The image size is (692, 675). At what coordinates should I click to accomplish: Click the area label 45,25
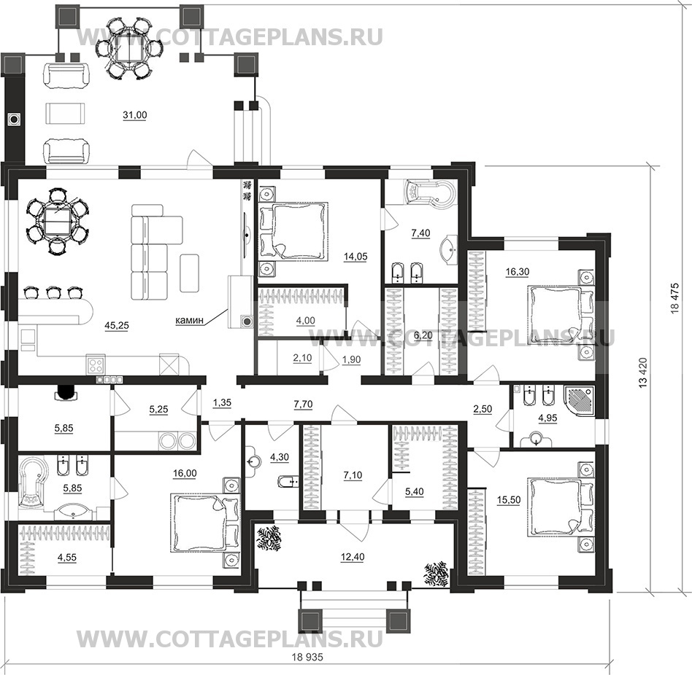[x=117, y=326]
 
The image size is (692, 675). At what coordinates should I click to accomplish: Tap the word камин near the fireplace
[x=189, y=320]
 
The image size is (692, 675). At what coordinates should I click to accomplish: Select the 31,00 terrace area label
[x=134, y=115]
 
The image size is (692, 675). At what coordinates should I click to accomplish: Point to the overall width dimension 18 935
[x=307, y=657]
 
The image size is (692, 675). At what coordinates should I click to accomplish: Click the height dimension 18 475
[x=674, y=298]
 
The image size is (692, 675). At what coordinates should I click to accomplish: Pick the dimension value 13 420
[x=642, y=372]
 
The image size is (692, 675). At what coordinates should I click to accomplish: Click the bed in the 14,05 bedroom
[x=293, y=230]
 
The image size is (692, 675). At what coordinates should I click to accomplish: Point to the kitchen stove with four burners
[x=96, y=364]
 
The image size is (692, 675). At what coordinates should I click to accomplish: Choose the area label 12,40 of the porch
[x=353, y=558]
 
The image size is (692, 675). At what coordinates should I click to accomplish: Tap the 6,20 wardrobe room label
[x=423, y=336]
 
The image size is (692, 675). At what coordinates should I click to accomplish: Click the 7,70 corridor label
[x=303, y=404]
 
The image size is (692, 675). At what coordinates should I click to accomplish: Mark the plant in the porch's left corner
[x=269, y=539]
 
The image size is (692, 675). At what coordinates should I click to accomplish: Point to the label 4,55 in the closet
[x=66, y=558]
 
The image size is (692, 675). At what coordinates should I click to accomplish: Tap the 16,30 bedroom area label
[x=518, y=272]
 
